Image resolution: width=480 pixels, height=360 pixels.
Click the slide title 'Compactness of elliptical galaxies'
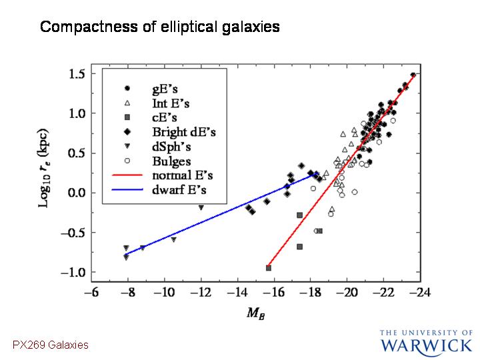pyautogui.click(x=160, y=27)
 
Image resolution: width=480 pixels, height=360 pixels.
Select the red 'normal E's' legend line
pyautogui.click(x=127, y=175)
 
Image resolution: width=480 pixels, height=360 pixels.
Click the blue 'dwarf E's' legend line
pyautogui.click(x=127, y=190)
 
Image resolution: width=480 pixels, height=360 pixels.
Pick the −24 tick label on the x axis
pyautogui.click(x=420, y=293)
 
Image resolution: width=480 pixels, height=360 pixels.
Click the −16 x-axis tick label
pyautogui.click(x=274, y=293)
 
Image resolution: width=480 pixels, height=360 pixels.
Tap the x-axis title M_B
pyautogui.click(x=255, y=313)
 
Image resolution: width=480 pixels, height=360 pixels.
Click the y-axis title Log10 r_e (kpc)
pyautogui.click(x=43, y=168)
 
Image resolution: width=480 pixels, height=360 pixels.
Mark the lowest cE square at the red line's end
pyautogui.click(x=269, y=268)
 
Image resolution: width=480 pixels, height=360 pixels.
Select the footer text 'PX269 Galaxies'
pyautogui.click(x=51, y=345)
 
